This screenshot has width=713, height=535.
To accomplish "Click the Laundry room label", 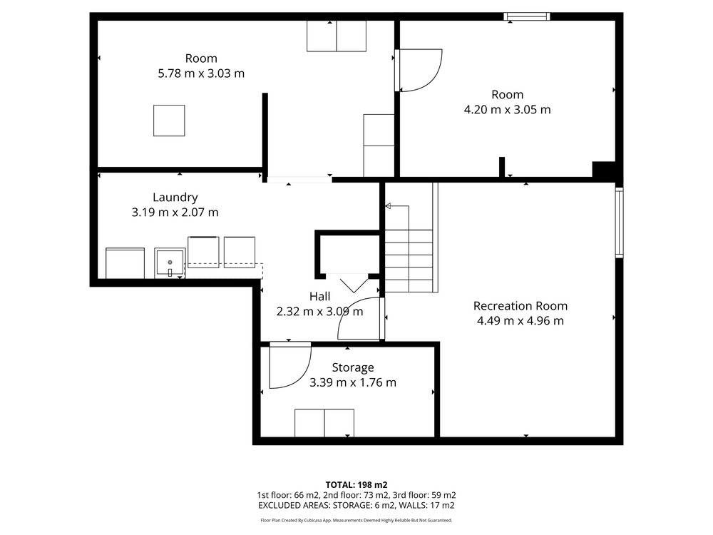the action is (175, 198).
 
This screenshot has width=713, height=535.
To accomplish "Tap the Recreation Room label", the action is (520, 306).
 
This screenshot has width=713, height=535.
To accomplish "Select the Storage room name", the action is (353, 367).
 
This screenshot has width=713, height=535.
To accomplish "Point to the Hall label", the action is (319, 297).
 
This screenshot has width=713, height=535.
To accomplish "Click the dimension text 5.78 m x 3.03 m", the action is (201, 73).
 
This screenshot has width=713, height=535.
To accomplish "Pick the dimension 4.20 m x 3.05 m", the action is (507, 110).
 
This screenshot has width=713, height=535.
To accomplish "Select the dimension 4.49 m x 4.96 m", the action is (520, 321).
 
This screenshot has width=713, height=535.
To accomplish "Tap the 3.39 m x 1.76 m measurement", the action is (353, 382).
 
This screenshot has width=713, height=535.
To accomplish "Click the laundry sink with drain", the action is (170, 263).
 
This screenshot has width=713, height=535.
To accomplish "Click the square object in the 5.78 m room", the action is (169, 121).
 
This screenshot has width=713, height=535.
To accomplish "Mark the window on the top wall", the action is (527, 17).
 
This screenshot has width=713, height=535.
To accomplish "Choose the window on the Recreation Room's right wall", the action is (619, 223).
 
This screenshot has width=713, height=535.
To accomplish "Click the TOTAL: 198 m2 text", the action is (356, 485).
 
